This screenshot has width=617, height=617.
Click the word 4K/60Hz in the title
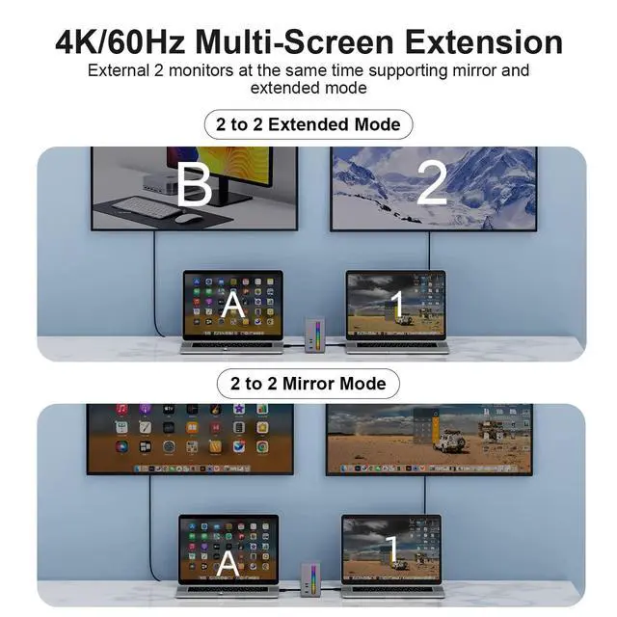pos(120,42)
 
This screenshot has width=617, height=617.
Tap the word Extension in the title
pos(484,42)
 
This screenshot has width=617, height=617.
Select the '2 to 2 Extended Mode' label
pos(308,124)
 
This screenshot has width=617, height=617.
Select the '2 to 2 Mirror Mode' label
pos(308,384)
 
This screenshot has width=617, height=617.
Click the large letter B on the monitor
pos(195,185)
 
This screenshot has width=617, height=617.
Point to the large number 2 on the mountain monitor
pos(432,183)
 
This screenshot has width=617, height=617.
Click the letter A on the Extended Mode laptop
pos(233,305)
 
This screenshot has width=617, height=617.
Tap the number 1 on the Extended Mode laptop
pos(398,305)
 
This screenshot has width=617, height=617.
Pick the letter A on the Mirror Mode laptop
pos(228,564)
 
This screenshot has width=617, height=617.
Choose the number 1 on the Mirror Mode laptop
pos(392,549)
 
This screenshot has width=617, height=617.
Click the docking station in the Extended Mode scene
pos(315,335)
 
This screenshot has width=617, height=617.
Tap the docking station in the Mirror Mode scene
pos(310,580)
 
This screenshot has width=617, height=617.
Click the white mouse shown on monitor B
pos(188,218)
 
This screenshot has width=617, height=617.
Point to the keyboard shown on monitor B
pos(146,207)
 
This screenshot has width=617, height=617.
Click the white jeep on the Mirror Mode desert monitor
pos(452,440)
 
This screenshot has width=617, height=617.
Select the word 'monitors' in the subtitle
pos(201,70)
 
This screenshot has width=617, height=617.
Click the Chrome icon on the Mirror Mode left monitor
pos(262,446)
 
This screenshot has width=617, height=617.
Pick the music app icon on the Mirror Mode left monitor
pos(122,409)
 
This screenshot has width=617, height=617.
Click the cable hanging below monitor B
pos(154,283)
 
